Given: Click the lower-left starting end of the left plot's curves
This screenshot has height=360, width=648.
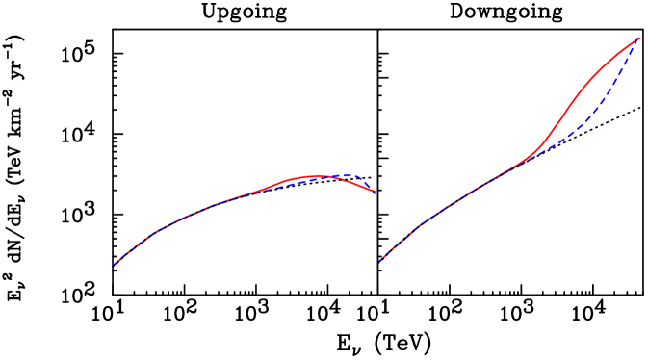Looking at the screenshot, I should pyautogui.click(x=115, y=264).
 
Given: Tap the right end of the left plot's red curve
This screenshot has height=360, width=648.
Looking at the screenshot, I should pyautogui.click(x=375, y=192).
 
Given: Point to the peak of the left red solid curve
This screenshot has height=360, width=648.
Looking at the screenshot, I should pyautogui.click(x=313, y=175).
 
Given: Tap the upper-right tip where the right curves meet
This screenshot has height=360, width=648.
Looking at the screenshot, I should pyautogui.click(x=640, y=38).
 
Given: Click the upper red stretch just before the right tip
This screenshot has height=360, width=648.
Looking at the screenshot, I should pyautogui.click(x=621, y=52).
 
